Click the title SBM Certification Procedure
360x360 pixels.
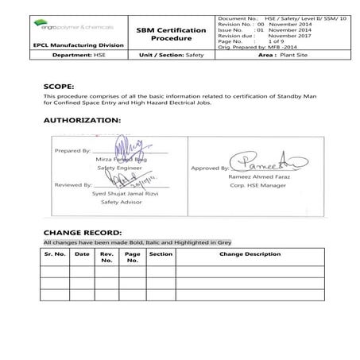tap(165, 33)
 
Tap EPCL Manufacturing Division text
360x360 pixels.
tap(78, 45)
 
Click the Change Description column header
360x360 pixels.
tap(250, 254)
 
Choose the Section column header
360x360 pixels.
tap(161, 254)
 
